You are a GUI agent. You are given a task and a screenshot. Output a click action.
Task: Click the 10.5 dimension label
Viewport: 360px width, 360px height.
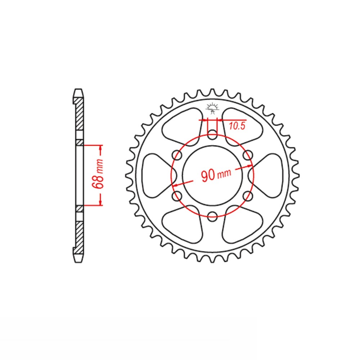pos(237,126)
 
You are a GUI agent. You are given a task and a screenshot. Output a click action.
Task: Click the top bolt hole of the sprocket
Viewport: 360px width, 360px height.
pos(212,134)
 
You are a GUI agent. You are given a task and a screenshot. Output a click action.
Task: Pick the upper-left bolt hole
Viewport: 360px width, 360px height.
pos(177,155)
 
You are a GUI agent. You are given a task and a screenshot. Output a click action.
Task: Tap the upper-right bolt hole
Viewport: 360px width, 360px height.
pos(248,155)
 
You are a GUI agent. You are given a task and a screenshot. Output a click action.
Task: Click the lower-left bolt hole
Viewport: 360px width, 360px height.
pos(177,196)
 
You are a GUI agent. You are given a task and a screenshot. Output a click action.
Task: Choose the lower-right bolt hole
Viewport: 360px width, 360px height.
pos(248,196)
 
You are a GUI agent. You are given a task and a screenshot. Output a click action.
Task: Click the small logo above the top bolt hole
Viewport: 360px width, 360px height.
pos(212,108)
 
